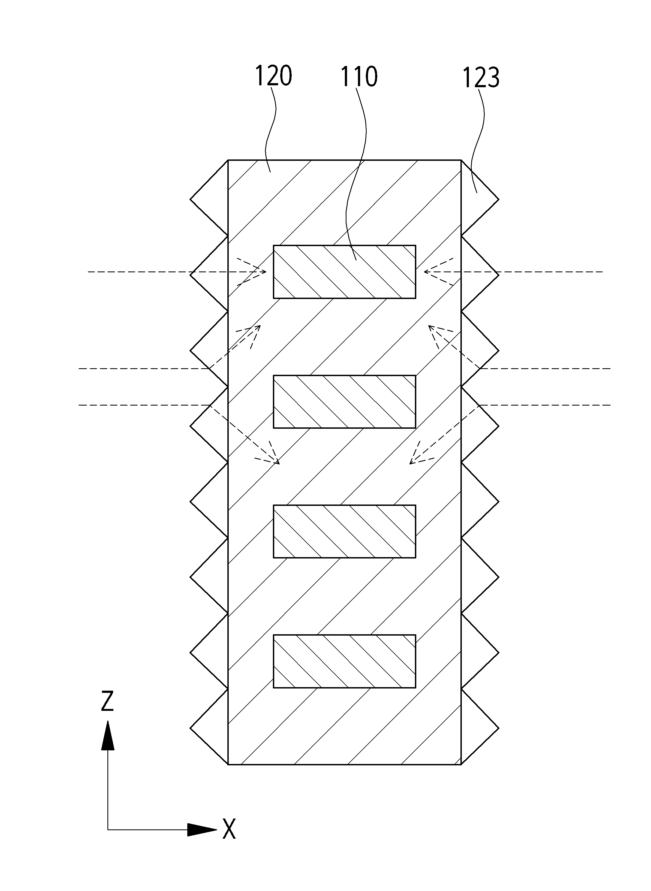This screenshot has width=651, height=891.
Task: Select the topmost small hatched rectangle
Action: click(344, 272)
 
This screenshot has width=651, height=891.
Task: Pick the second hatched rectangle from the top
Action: click(344, 402)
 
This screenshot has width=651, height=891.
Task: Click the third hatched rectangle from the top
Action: click(344, 531)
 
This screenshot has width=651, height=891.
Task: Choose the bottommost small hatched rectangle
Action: click(344, 661)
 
